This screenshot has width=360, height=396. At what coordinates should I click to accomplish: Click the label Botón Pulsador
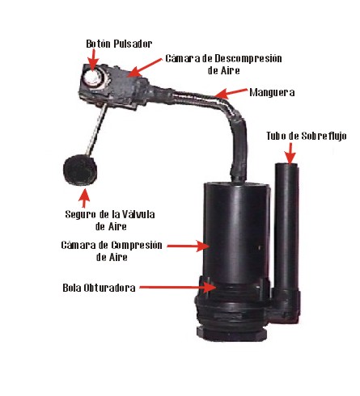click(119, 44)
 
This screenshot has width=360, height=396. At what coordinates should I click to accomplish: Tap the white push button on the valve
click(92, 78)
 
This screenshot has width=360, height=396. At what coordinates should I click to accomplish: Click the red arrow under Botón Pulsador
click(93, 58)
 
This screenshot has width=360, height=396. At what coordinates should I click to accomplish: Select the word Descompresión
click(248, 58)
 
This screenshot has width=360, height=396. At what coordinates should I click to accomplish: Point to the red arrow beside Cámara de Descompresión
click(145, 68)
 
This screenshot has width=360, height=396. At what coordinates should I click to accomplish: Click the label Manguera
click(272, 92)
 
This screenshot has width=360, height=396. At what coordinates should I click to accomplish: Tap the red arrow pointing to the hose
click(231, 93)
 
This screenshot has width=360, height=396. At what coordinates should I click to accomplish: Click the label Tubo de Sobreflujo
click(307, 136)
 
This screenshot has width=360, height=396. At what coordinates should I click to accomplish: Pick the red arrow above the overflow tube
click(290, 153)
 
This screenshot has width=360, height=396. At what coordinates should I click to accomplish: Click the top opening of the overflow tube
click(286, 165)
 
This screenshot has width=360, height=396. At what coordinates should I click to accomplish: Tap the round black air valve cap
click(80, 170)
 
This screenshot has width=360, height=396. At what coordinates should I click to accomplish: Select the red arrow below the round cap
click(84, 198)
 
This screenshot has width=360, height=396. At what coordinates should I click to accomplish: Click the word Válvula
click(138, 214)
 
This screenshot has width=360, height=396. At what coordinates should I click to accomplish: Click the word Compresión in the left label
click(137, 245)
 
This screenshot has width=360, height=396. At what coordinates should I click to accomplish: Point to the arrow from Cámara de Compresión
click(188, 246)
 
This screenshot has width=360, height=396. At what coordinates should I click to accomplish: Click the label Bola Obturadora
click(99, 288)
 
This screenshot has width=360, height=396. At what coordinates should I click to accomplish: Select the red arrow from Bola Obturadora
click(177, 287)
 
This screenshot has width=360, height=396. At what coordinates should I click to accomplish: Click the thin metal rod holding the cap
click(96, 131)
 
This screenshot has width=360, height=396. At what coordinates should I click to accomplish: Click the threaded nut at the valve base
click(232, 334)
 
